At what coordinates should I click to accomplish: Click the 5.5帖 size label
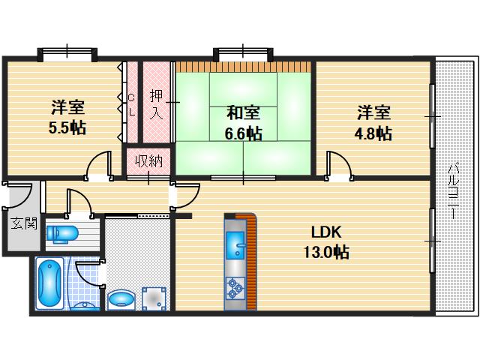[67, 127]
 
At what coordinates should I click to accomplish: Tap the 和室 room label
[243, 112]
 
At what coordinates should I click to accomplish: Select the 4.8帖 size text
[373, 133]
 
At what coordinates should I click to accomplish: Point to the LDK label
[326, 232]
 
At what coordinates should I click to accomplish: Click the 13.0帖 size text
[326, 253]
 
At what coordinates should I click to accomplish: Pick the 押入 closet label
[157, 104]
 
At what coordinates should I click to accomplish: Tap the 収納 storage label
[149, 160]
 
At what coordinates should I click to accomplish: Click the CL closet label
[132, 105]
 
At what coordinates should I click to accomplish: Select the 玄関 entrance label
[25, 223]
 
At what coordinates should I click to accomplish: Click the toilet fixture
[62, 234]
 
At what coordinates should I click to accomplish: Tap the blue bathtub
[50, 283]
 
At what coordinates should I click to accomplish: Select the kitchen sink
[235, 244]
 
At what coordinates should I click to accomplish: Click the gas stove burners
[235, 288]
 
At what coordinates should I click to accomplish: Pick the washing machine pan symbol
[154, 298]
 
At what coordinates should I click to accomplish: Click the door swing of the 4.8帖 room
[339, 164]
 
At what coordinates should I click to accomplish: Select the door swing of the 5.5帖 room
[98, 164]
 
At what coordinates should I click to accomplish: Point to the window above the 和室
[243, 55]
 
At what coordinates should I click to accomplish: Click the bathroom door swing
[88, 273]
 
